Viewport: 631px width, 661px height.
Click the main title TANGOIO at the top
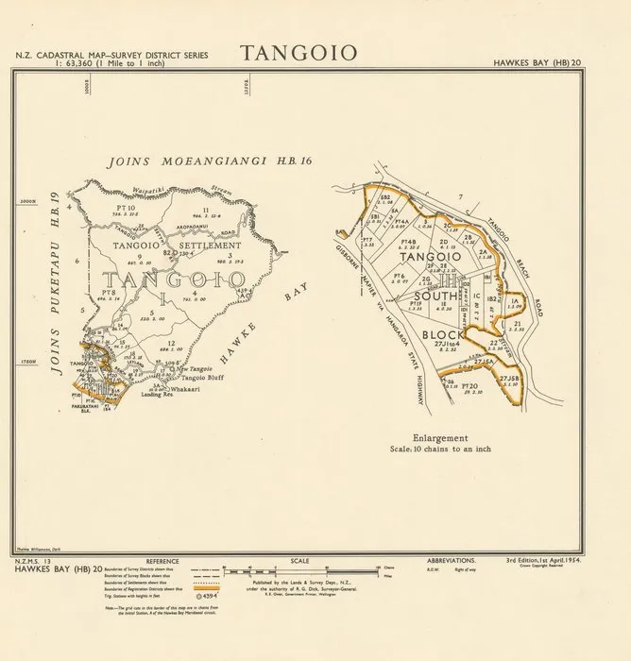(298, 53)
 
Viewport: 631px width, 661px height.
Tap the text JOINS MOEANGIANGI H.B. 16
(210, 161)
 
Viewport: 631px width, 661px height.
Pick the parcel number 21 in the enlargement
(519, 323)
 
